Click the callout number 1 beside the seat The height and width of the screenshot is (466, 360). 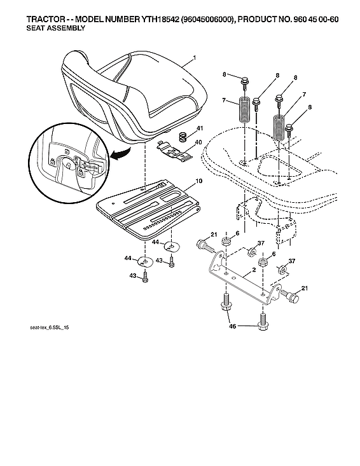coord(195,58)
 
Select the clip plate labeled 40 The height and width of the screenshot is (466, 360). coord(172,151)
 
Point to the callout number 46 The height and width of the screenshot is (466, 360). coord(232,326)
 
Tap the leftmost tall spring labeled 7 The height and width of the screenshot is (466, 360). coord(243,113)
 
